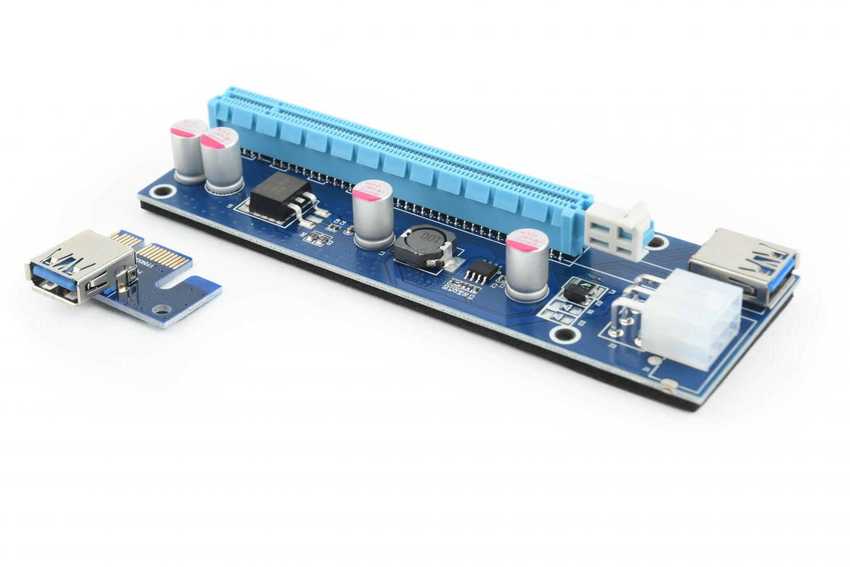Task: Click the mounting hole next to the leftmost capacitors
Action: point(167,193)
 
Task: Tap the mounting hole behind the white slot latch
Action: point(658,242)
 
